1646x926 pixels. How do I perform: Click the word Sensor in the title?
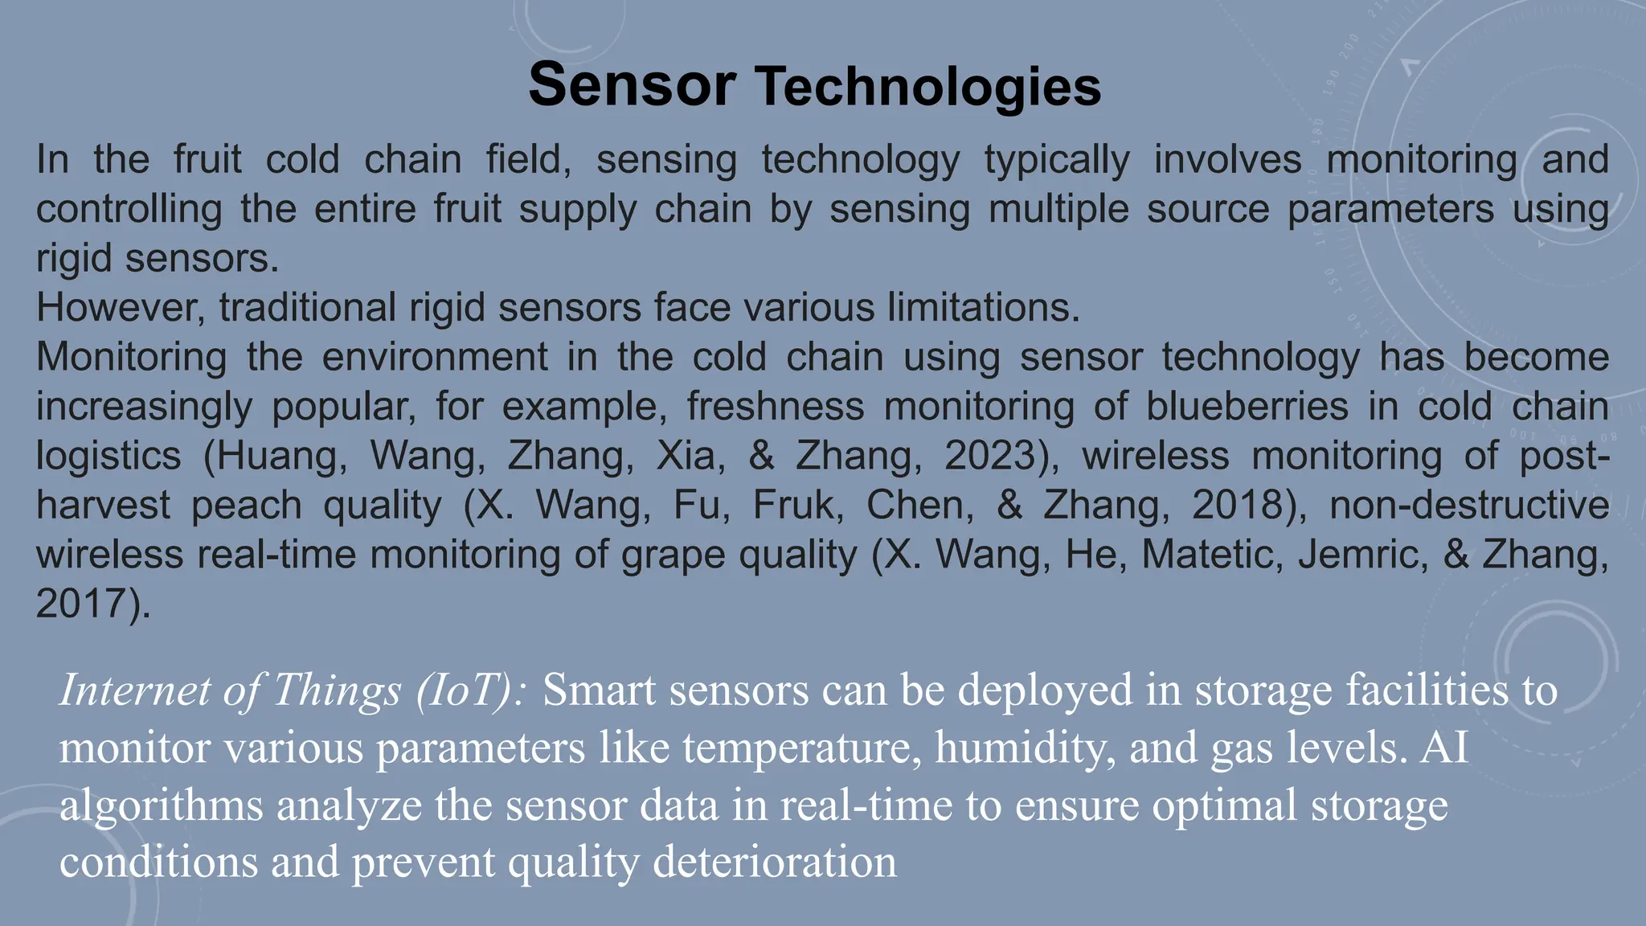click(632, 85)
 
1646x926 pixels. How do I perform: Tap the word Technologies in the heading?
click(927, 87)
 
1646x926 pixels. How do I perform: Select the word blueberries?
click(1247, 407)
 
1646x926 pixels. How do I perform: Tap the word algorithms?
click(162, 805)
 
